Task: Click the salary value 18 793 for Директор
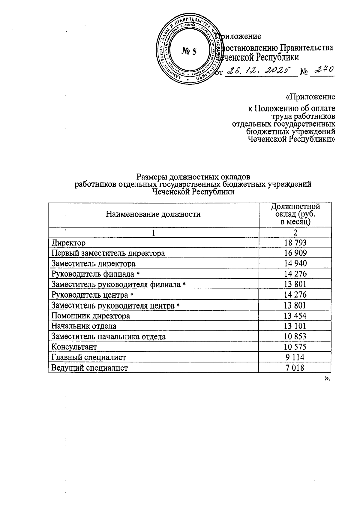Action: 295,242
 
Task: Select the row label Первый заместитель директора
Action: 108,253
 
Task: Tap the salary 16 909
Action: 295,253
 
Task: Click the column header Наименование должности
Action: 153,214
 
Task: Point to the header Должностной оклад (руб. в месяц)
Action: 295,214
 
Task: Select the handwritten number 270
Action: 322,71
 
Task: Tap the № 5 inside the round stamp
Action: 189,51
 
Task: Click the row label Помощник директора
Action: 91,316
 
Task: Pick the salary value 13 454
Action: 295,316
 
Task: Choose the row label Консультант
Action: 74,347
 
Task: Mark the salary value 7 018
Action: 295,368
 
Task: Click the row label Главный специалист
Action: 88,357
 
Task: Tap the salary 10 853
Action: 295,336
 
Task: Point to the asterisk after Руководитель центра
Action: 132,295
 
